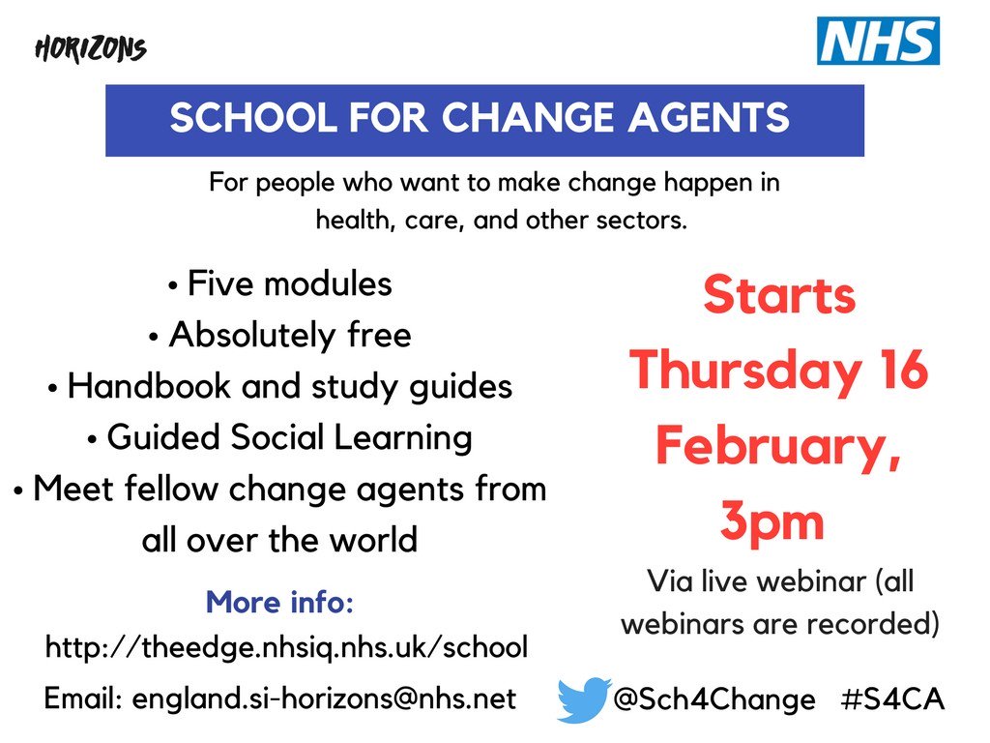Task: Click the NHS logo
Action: click(878, 41)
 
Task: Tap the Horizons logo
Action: click(90, 49)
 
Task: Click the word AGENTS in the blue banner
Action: click(709, 117)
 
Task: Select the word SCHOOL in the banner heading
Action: click(253, 117)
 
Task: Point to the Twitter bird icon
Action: click(584, 699)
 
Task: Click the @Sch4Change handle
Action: click(714, 699)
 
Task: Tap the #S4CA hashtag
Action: click(892, 699)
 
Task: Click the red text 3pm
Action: click(772, 521)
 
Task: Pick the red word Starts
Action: click(779, 294)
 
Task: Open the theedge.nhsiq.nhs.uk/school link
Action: click(286, 647)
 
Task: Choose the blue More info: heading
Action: click(279, 602)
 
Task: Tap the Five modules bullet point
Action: click(280, 283)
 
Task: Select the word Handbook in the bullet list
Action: click(149, 386)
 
